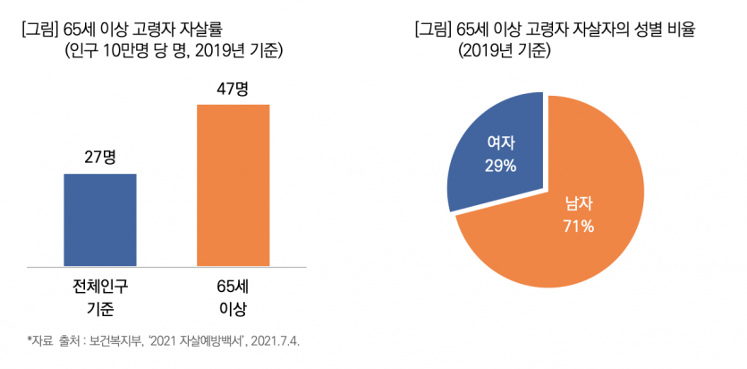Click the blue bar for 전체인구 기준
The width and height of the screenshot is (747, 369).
click(100, 219)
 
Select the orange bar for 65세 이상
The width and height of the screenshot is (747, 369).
click(233, 184)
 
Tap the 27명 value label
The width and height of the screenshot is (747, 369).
click(100, 158)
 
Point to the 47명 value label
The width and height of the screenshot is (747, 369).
click(233, 89)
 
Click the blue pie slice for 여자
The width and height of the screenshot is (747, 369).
click(497, 161)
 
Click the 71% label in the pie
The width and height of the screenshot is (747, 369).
click(579, 226)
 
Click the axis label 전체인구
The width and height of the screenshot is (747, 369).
click(100, 287)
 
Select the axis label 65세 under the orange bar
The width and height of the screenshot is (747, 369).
click(233, 287)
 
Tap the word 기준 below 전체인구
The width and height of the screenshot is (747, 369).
click(100, 310)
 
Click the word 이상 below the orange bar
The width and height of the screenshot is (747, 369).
click(233, 310)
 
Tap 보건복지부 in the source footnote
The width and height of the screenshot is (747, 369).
click(117, 340)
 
